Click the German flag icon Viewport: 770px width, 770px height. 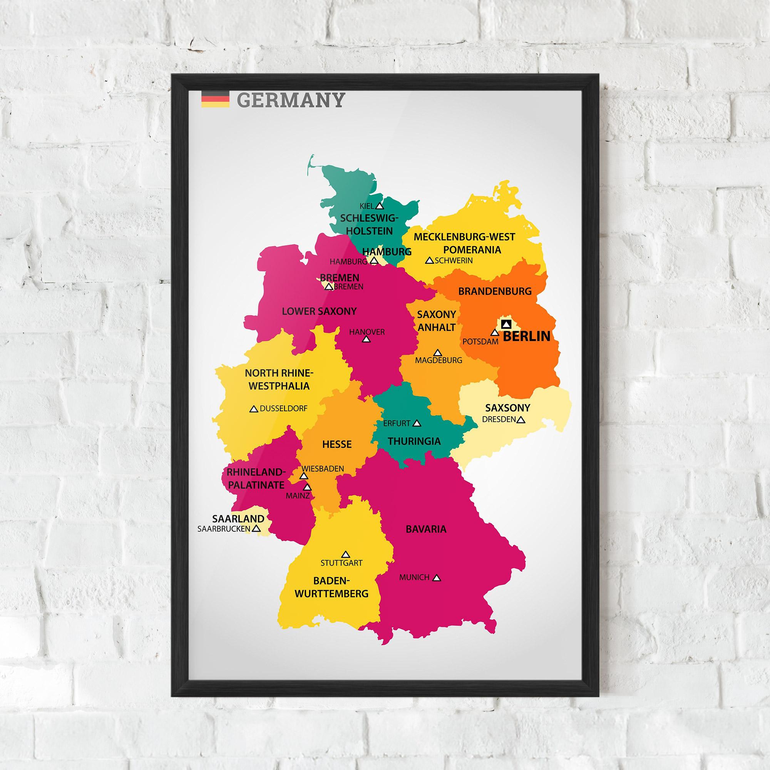(215, 99)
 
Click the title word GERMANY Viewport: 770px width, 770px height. (290, 100)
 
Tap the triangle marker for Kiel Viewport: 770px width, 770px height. (380, 206)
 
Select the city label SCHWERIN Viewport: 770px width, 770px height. (454, 261)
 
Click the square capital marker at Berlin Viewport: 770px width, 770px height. (506, 324)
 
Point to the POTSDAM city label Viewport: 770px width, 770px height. (480, 341)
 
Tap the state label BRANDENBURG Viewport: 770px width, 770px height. (495, 291)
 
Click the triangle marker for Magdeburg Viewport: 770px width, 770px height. (438, 353)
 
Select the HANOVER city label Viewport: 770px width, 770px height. (367, 331)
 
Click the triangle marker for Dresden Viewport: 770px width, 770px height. (521, 420)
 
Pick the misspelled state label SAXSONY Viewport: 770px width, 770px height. (507, 408)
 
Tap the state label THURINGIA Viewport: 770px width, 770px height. (414, 441)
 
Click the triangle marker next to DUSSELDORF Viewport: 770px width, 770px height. (253, 409)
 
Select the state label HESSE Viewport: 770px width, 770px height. (337, 444)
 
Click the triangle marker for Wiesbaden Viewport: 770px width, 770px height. (304, 476)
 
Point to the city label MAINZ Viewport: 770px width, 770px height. (297, 496)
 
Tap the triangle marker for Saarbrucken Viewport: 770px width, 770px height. (256, 529)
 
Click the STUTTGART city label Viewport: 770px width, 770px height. (341, 563)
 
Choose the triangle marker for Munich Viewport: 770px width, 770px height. (437, 577)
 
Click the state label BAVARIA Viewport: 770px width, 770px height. (426, 529)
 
